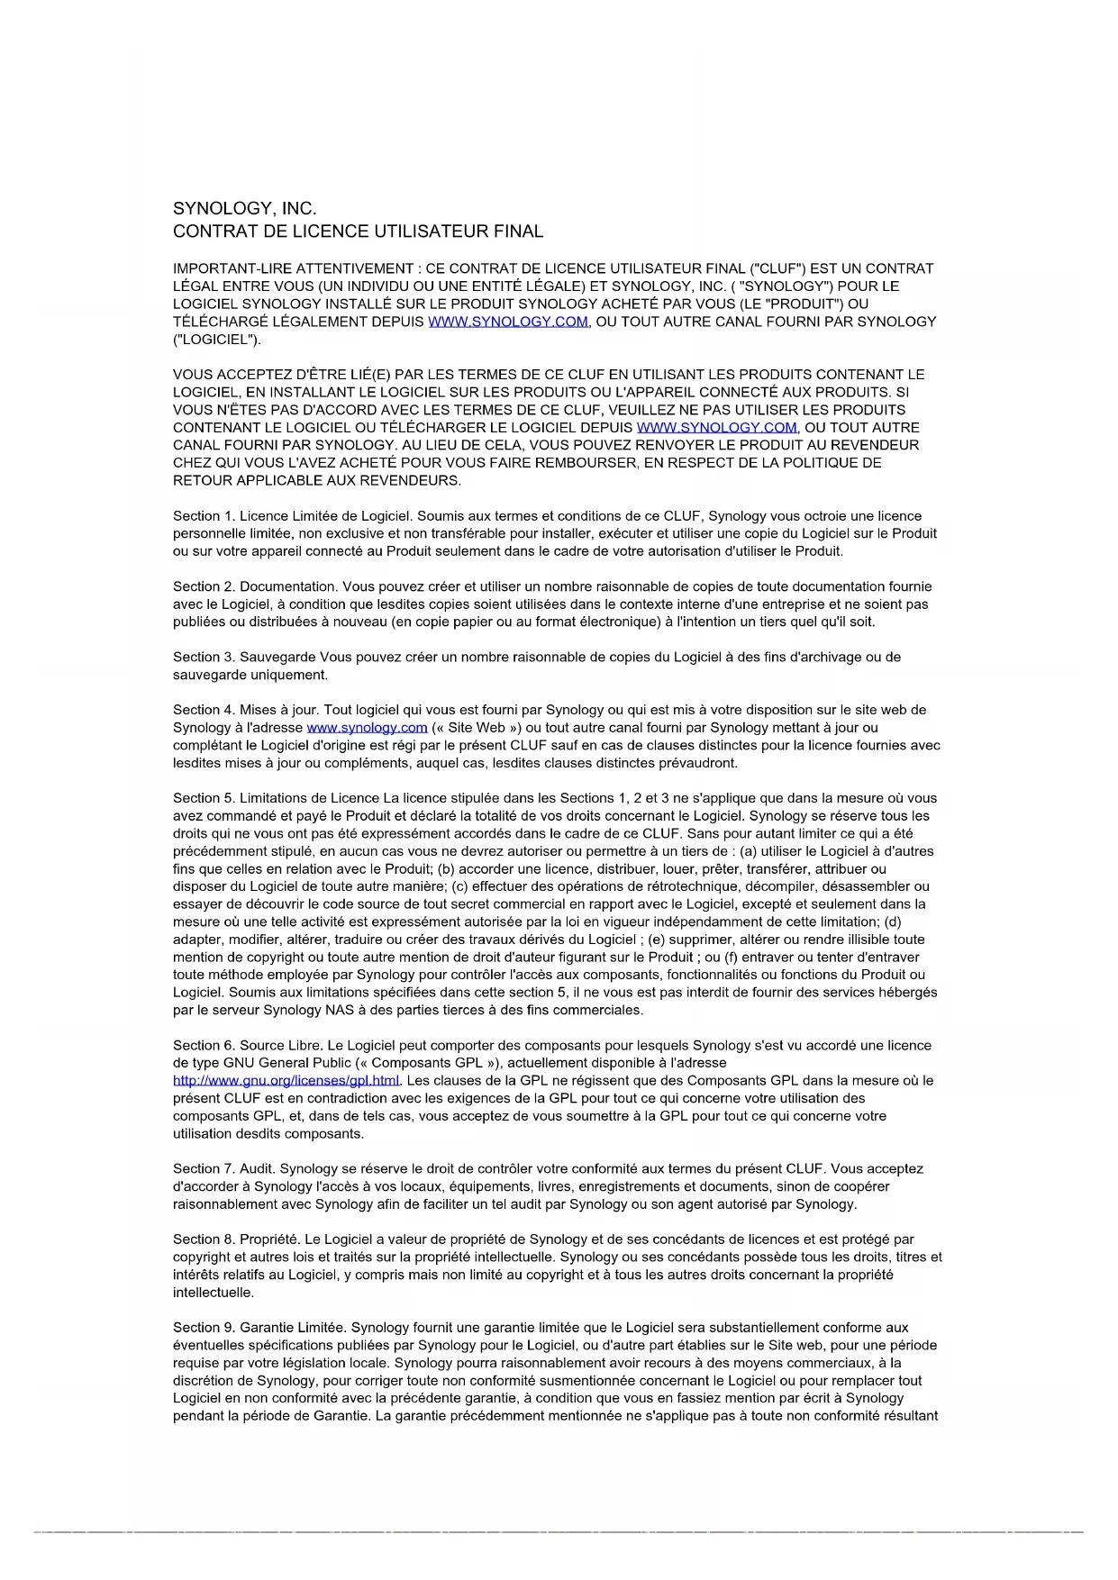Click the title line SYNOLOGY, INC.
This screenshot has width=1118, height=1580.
(244, 209)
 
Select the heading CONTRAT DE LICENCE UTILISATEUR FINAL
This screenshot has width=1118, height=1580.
(358, 232)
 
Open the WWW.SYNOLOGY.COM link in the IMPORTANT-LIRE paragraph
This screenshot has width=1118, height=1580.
(508, 322)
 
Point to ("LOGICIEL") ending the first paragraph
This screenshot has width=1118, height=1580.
(216, 340)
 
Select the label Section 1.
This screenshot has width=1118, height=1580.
(204, 516)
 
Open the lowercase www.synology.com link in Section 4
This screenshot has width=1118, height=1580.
(367, 728)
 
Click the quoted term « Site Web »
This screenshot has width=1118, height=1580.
(475, 728)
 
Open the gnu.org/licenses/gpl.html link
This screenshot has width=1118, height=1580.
(286, 1081)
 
